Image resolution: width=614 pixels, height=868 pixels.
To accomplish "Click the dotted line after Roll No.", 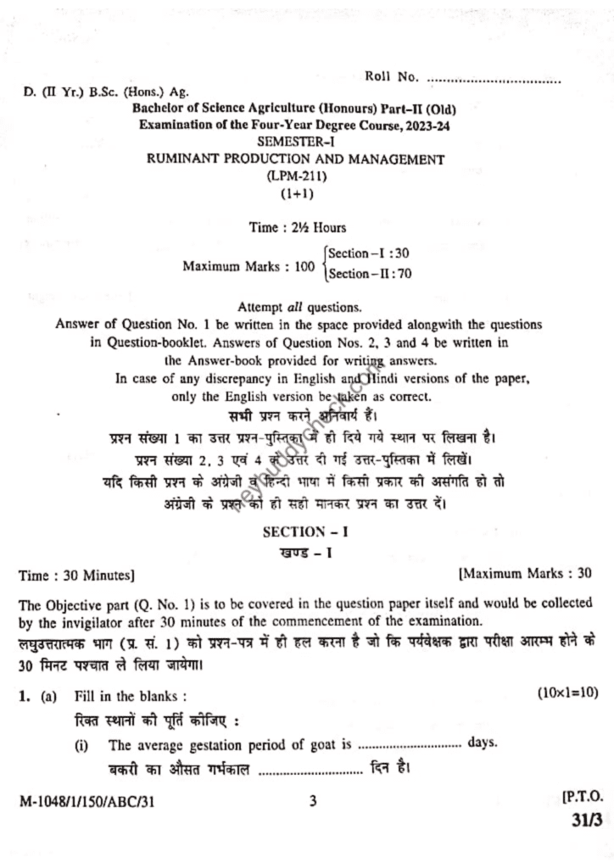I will (x=494, y=80).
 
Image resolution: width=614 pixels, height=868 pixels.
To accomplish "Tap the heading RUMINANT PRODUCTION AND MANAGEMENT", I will (x=296, y=159).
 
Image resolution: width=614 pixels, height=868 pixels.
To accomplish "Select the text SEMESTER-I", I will (x=296, y=142).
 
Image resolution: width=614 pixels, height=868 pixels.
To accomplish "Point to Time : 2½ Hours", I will (x=297, y=227).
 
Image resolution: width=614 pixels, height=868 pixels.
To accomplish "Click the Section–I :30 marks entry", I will (x=369, y=253).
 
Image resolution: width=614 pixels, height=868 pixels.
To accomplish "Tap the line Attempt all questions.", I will (x=299, y=307).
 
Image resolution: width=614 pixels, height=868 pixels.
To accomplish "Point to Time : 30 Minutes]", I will (x=76, y=575).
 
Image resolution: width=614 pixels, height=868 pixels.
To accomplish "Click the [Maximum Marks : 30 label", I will (x=525, y=574).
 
